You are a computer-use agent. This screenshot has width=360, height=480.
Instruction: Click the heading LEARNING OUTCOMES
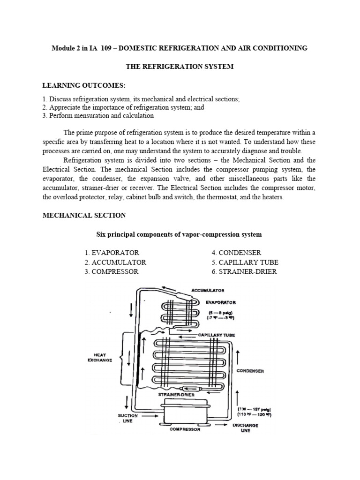click(x=84, y=85)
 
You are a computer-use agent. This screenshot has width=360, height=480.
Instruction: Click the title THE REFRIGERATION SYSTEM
click(x=180, y=67)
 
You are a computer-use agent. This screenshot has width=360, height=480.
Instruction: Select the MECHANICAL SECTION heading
click(x=84, y=215)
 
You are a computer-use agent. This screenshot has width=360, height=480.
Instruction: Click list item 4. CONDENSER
click(x=236, y=253)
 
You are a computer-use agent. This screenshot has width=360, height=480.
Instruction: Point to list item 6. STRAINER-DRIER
click(x=244, y=272)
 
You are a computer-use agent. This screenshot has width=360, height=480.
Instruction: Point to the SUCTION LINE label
click(x=128, y=419)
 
